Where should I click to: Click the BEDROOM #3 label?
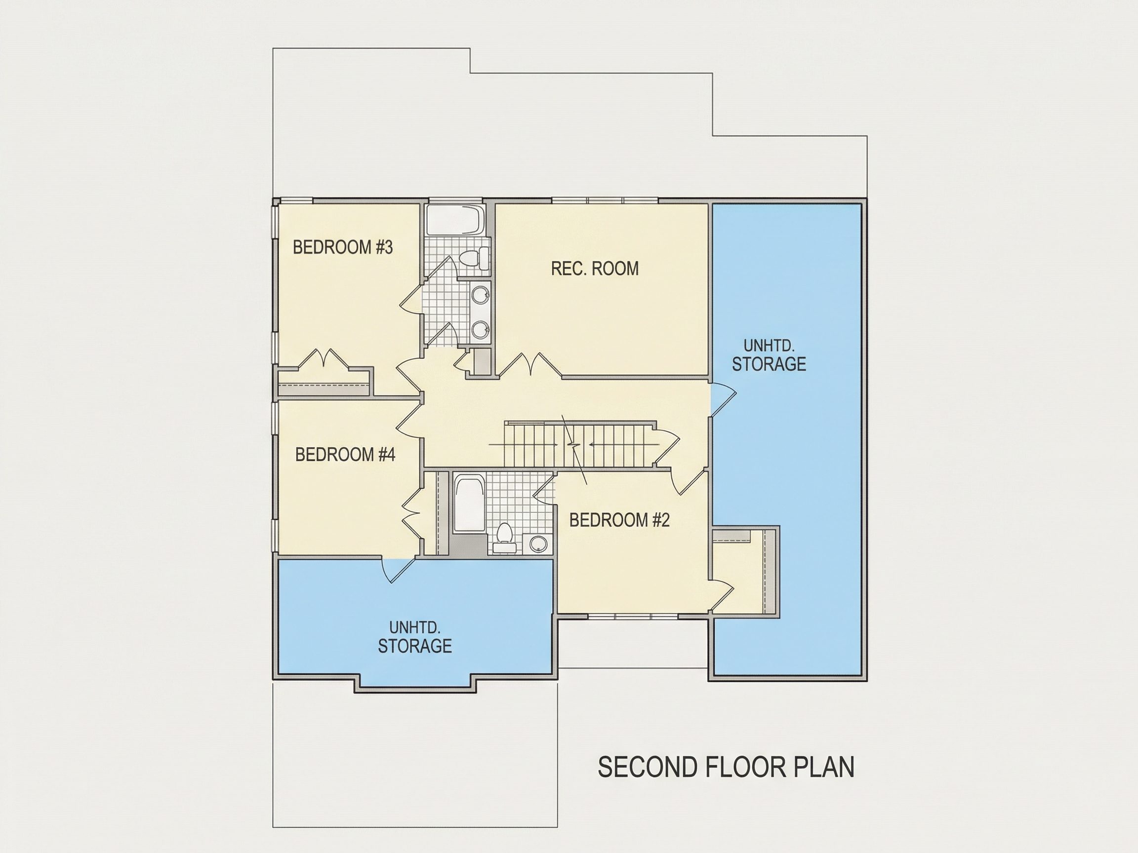pos(343,247)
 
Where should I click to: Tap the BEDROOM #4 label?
pos(345,455)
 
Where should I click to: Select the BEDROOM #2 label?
pos(619,520)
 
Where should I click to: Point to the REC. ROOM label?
pos(595,269)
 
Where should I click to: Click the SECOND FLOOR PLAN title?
pos(726,767)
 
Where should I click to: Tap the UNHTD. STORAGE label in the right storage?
pos(769,355)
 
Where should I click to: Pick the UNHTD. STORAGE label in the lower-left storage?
pos(415,637)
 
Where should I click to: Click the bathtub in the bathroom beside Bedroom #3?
pos(456,220)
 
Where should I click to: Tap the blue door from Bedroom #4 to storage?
pos(398,570)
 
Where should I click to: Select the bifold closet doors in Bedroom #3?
pos(323,358)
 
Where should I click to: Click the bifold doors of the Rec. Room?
pos(530,365)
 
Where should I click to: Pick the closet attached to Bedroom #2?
pos(743,571)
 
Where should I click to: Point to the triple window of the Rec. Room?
pos(605,200)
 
